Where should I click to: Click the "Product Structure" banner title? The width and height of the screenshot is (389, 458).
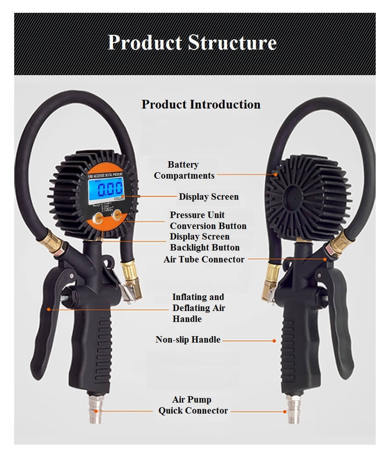192,43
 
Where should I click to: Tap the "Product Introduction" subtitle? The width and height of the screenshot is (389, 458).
201,104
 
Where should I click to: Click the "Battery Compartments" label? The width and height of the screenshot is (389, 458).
184,170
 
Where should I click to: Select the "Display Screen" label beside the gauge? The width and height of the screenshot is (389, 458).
209,197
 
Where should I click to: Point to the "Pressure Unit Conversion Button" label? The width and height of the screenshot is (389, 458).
208,220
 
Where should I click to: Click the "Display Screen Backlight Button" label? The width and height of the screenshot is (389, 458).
205,242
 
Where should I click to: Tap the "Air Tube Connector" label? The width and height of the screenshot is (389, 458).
204,259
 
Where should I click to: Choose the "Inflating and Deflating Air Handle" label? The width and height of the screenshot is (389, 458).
199,308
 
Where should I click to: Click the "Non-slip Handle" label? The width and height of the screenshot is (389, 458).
188,340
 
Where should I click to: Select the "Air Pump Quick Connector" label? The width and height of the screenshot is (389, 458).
193,405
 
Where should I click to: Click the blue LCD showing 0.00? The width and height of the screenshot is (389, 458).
106,189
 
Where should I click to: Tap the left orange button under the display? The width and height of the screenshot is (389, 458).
99,218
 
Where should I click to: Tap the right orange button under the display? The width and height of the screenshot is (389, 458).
119,215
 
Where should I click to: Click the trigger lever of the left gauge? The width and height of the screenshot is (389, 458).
46,316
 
